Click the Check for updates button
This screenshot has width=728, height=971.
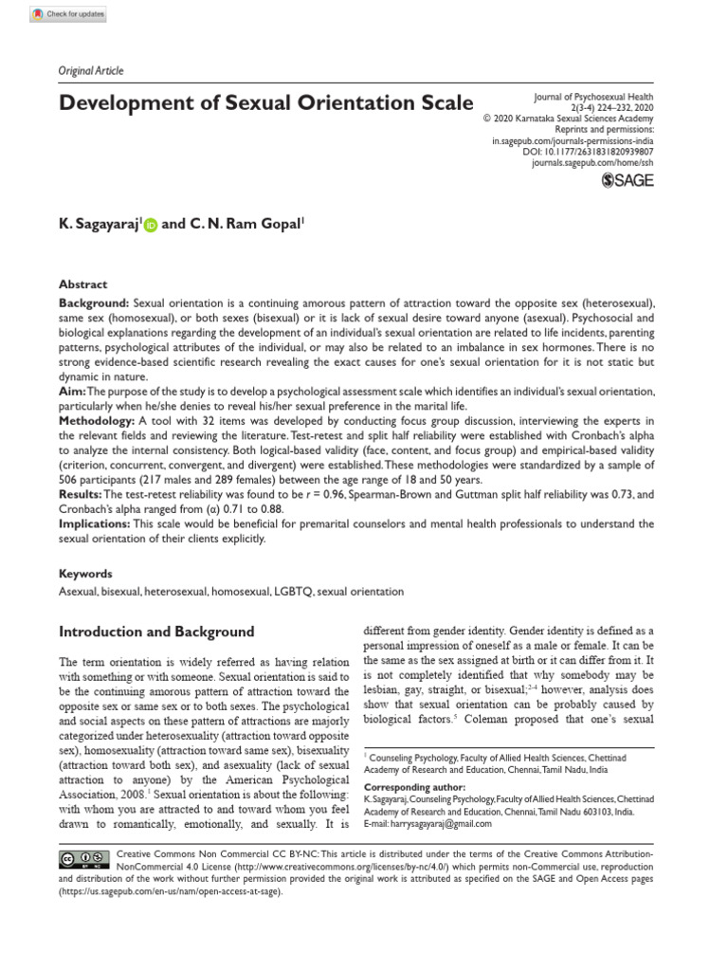[x=68, y=14]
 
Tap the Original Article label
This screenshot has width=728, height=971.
[x=91, y=71]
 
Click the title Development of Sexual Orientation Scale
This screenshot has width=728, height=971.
[x=266, y=102]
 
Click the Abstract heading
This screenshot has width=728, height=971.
[x=83, y=284]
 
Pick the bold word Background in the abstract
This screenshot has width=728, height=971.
[x=94, y=302]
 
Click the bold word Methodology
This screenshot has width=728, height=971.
[x=97, y=420]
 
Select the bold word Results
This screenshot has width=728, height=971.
[x=80, y=495]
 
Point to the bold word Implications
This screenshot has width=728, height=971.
[x=94, y=523]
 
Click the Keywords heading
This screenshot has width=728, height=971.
[x=85, y=574]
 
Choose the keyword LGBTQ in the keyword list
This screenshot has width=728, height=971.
[x=289, y=592]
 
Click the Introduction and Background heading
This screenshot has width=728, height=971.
[x=156, y=632]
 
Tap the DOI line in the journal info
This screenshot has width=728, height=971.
[x=588, y=152]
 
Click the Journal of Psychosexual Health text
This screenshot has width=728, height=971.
[x=593, y=98]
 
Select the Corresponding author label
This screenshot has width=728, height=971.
[x=414, y=787]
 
